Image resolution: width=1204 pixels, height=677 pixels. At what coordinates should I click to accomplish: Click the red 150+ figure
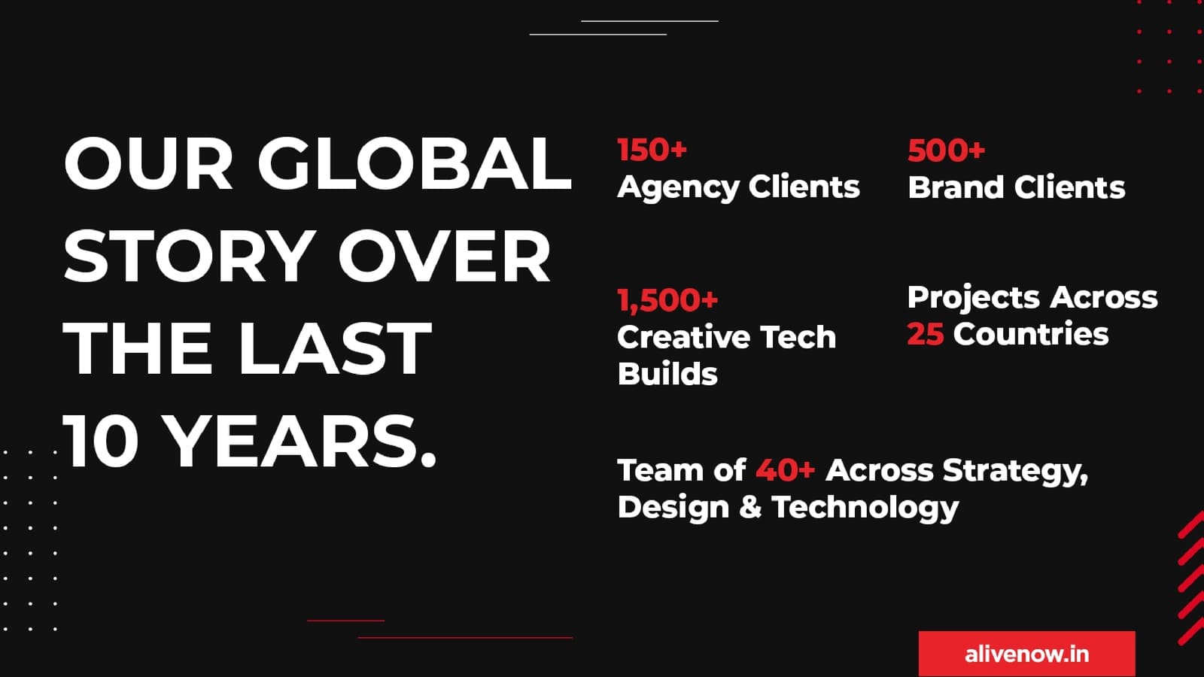(x=652, y=150)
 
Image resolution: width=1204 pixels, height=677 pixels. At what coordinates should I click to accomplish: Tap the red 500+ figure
(x=947, y=150)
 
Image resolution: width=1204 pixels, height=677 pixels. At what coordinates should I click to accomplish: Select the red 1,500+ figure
(x=667, y=300)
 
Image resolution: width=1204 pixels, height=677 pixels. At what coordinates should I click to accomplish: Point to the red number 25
(x=925, y=334)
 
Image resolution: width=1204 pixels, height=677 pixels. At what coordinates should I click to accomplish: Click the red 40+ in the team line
(x=786, y=470)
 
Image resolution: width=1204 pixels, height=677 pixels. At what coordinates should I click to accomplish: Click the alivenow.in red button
(x=1026, y=654)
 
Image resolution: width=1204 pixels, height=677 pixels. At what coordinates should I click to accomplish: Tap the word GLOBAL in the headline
(x=415, y=164)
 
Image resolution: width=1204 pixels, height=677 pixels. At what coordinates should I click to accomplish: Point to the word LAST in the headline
(x=334, y=348)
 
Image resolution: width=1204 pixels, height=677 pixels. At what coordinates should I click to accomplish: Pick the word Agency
(x=678, y=188)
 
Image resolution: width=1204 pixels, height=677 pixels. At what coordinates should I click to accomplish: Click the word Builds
(x=667, y=373)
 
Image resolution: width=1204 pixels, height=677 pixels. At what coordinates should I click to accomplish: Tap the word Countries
(x=1031, y=334)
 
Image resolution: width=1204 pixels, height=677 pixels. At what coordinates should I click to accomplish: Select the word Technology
(x=865, y=508)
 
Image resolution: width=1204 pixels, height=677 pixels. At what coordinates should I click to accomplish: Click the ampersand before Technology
(x=750, y=507)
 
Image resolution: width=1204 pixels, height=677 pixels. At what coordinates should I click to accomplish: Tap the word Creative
(x=683, y=337)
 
